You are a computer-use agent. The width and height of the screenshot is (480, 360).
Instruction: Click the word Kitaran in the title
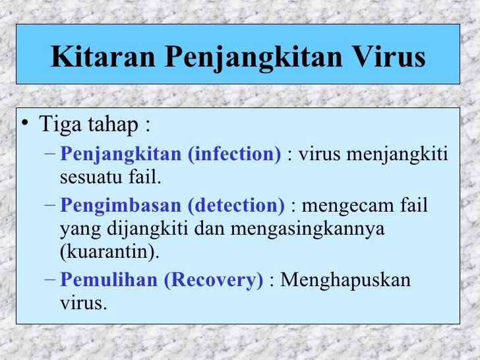(102, 57)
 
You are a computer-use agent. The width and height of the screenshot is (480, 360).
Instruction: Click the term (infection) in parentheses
(234, 155)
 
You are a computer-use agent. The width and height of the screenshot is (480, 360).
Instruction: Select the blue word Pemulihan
(108, 281)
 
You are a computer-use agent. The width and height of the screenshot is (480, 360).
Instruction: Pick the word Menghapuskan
(345, 281)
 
